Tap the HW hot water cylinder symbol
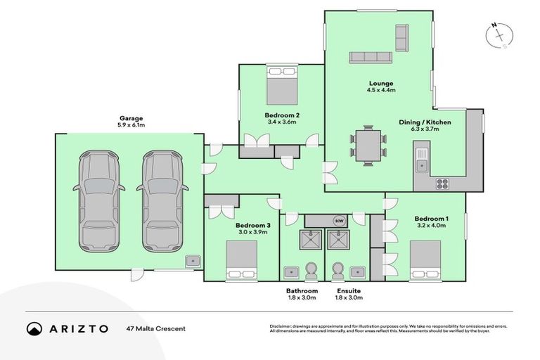[x=339, y=221]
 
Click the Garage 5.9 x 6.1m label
[x=131, y=122]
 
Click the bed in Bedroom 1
[x=425, y=260]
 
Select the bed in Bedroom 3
[x=242, y=261]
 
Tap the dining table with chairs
[x=368, y=145]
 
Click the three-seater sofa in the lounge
[x=371, y=57]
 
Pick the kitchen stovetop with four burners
[x=443, y=184]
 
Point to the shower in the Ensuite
[x=338, y=240]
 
